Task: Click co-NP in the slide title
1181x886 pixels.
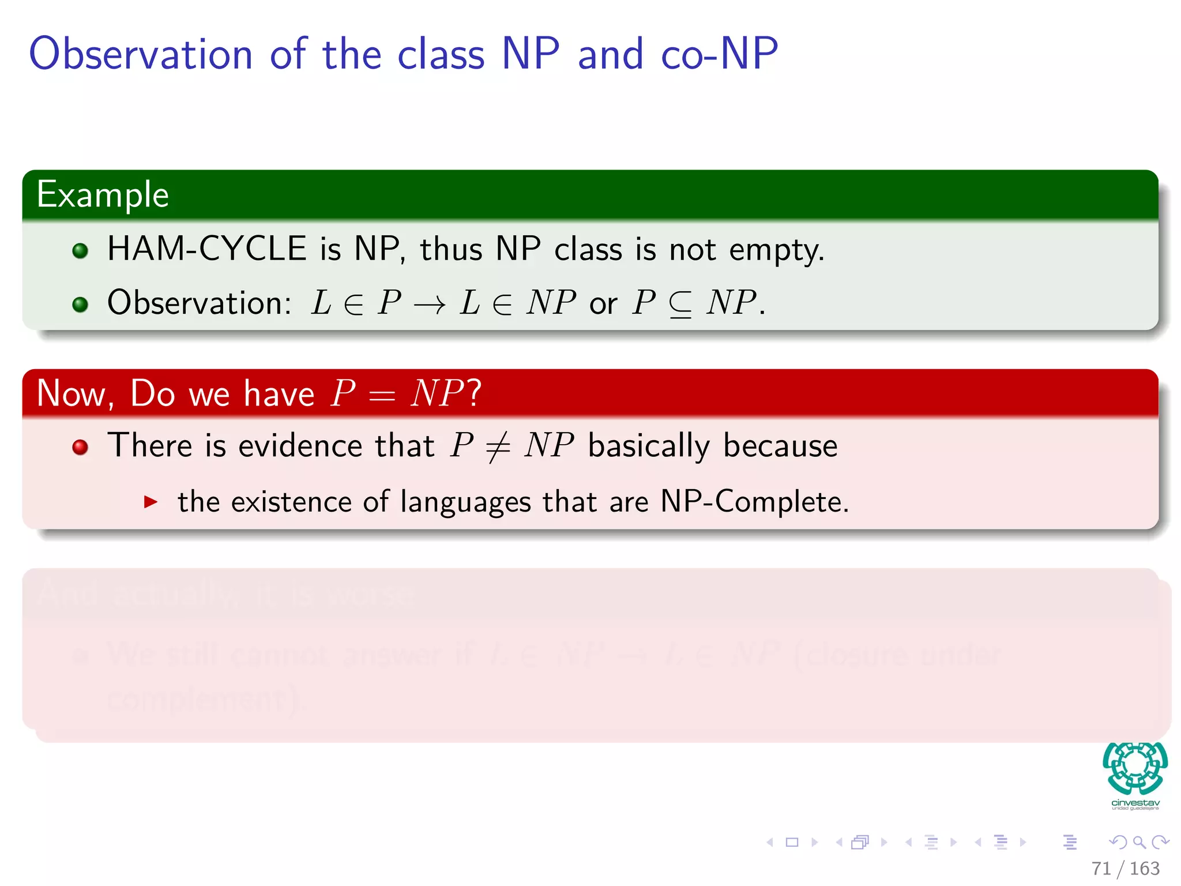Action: pos(719,54)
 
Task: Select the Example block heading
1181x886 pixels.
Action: pos(103,194)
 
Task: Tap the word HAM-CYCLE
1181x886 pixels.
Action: pos(206,249)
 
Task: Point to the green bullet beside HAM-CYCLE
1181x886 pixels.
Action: pos(80,251)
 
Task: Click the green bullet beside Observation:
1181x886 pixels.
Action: pos(80,304)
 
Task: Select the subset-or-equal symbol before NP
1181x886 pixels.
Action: pos(680,305)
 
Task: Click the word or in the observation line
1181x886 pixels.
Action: pos(603,304)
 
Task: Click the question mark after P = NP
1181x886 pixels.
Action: pos(474,393)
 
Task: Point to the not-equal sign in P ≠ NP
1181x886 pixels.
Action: pos(498,447)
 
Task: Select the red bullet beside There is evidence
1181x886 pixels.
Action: pos(80,447)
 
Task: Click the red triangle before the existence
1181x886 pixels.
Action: pos(151,501)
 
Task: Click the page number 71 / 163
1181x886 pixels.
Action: pos(1125,868)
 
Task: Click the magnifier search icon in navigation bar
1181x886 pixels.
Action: pos(1139,842)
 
